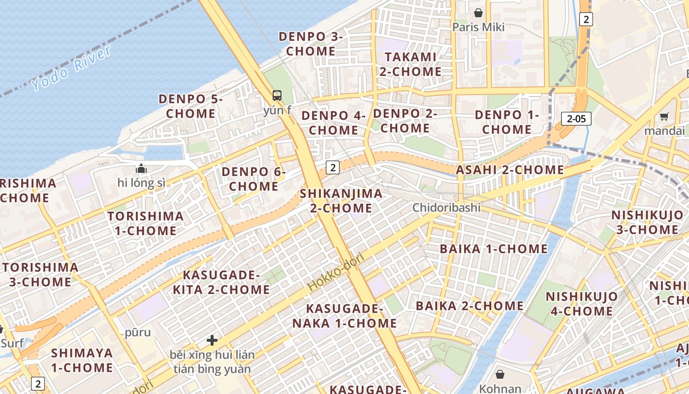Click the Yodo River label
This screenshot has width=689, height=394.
72,68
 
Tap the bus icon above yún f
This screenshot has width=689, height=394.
277,95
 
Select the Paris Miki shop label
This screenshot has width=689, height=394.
478,27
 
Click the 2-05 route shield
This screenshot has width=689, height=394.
576,118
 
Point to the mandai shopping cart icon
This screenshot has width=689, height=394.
664,117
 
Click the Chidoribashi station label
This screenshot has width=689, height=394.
446,207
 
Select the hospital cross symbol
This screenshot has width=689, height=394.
212,340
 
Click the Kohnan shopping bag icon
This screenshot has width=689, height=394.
500,375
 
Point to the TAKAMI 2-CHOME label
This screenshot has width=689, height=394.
410,64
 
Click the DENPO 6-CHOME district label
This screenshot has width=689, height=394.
253,179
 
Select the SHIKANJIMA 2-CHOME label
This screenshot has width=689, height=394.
341,200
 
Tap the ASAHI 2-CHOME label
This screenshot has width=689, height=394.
510,170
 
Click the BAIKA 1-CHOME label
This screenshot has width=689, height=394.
494,249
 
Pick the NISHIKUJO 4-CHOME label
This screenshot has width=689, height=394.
581,304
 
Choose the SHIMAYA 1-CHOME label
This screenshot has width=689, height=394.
82,360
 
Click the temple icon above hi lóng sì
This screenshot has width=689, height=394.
141,169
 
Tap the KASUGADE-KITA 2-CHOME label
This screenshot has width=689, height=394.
221,282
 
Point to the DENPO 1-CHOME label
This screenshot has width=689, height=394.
507,122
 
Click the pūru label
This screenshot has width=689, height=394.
138,332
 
